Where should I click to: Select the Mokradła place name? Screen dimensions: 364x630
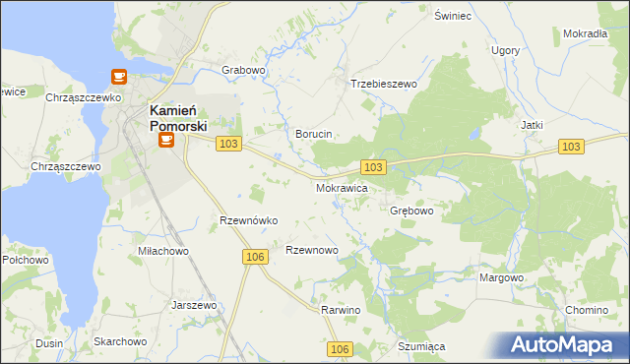tap(585, 33)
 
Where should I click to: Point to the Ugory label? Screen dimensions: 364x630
tap(505, 50)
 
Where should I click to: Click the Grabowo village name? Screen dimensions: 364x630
tap(244, 71)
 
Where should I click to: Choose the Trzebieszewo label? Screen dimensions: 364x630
tap(384, 85)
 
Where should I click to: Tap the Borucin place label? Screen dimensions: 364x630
tap(314, 133)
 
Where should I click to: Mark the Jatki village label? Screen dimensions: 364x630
tap(532, 125)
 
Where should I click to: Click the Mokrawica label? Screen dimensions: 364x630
tap(342, 187)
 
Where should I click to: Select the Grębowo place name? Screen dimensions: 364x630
tap(411, 211)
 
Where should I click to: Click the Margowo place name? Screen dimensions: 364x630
tap(501, 277)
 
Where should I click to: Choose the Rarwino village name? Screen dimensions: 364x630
tap(342, 310)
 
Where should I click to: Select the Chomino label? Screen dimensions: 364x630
tap(587, 310)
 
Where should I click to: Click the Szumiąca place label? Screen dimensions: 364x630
tap(422, 346)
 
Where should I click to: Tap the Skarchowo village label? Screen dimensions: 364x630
tap(120, 341)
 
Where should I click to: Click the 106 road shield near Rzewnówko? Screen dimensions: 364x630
tap(255, 257)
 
